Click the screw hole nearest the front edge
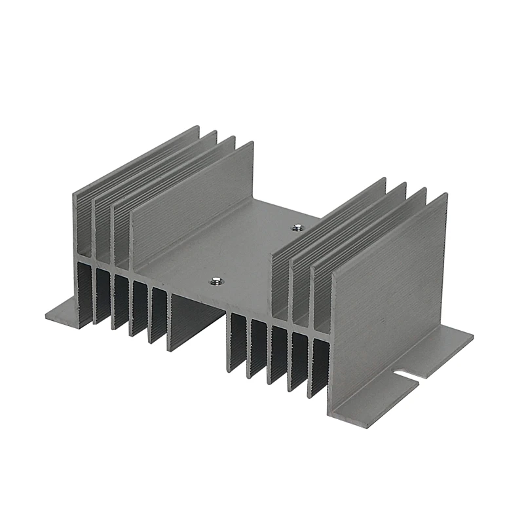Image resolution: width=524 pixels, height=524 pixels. coord(214,282)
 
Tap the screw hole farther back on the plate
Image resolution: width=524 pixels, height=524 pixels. coord(296,229)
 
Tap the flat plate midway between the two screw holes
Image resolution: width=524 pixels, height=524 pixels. coord(255,255)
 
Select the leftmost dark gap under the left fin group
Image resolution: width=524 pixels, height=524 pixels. coord(84,288)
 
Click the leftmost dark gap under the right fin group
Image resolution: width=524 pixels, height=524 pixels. coord(237,341)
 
